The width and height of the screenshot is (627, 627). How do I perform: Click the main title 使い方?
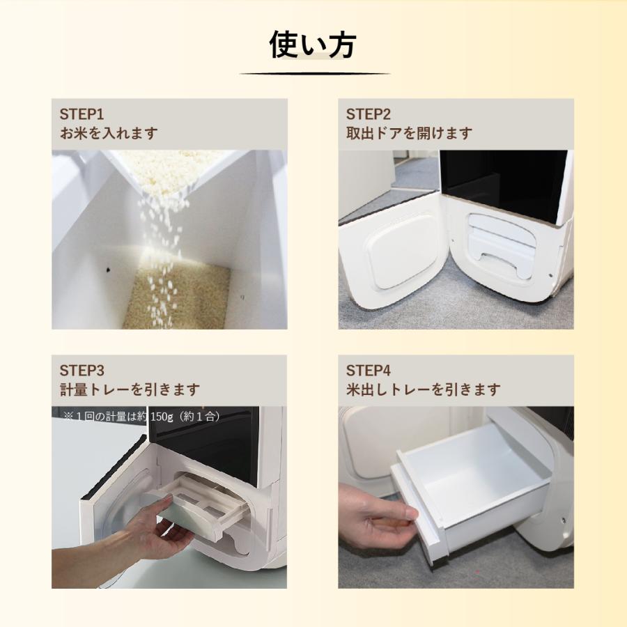pos(313,45)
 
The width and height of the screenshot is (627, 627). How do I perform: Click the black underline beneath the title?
pos(314,74)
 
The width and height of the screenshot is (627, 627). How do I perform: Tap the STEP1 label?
pos(82,114)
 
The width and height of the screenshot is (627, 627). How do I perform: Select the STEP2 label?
pos(369,114)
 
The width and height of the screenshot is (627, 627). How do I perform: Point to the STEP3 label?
pos(82,370)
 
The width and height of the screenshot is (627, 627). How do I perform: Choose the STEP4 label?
pos(369,370)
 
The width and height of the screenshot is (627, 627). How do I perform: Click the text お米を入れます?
pos(109,133)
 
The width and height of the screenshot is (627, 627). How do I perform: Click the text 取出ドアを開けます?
pos(409,133)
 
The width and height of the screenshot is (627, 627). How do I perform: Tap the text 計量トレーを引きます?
pos(130,389)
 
